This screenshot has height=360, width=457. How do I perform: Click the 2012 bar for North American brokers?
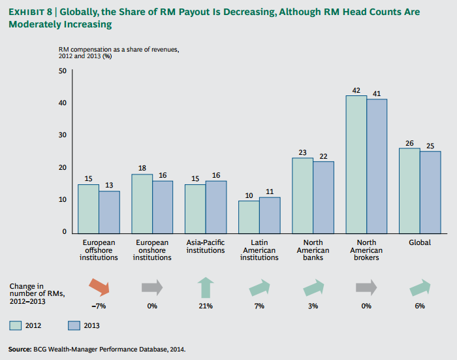[x=356, y=163]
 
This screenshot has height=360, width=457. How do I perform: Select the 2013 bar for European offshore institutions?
[x=110, y=211]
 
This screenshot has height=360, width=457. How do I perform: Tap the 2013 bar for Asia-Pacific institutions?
[x=216, y=206]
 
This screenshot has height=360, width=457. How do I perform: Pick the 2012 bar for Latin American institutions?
[x=249, y=216]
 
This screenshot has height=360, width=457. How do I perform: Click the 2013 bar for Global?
[x=430, y=191]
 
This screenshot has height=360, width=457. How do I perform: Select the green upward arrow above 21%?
[x=206, y=287]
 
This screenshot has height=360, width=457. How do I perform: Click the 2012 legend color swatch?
[x=16, y=325]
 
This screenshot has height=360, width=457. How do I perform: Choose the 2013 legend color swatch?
[x=72, y=325]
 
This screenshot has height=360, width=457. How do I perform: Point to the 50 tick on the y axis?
[x=62, y=71]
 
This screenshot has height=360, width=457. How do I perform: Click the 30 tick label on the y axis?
[x=62, y=135]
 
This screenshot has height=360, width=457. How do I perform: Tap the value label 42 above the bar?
[x=356, y=91]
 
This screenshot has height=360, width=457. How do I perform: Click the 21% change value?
[x=206, y=306]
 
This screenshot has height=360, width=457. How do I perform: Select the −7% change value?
[x=99, y=306]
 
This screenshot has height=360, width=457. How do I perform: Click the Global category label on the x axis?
[x=420, y=242]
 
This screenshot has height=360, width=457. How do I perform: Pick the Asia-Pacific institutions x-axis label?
[x=206, y=246]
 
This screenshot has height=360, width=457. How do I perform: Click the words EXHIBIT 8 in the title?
[x=29, y=12]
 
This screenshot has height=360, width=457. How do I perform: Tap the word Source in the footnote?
[x=20, y=349]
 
